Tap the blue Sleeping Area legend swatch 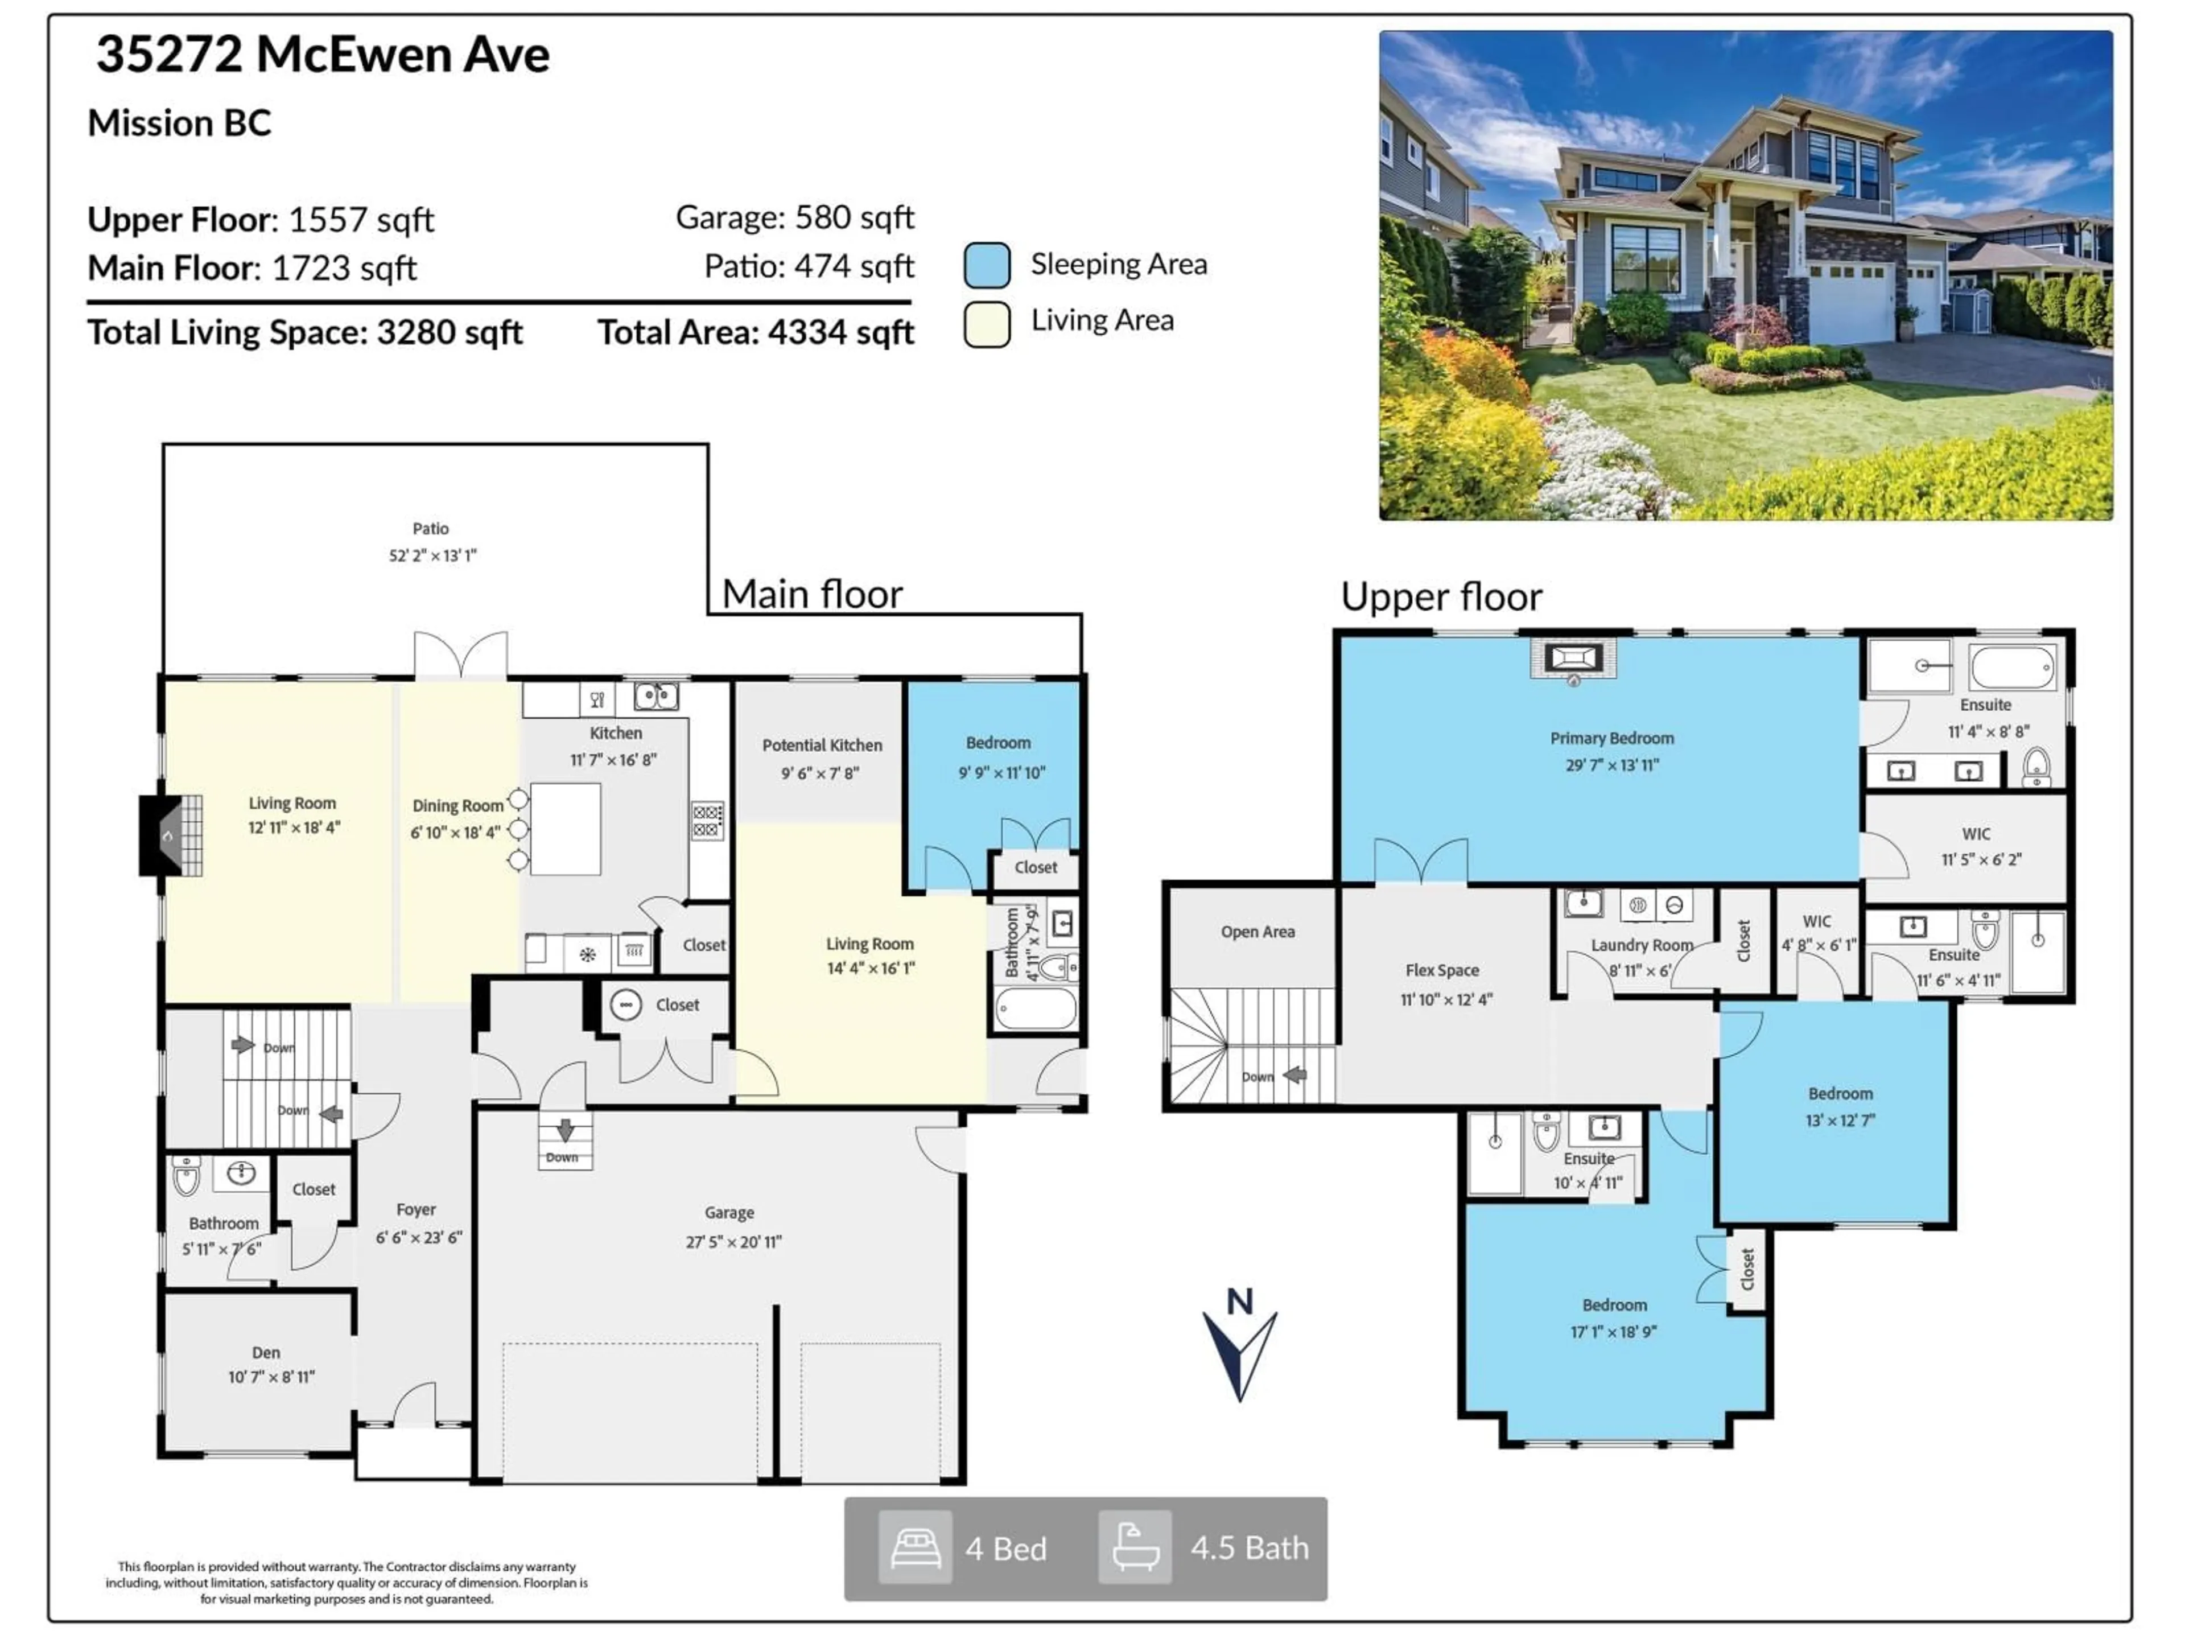click(987, 265)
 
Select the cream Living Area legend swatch click(987, 323)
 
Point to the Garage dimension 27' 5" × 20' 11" click(733, 1242)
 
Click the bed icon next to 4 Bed click(915, 1547)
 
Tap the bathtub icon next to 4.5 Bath click(1135, 1547)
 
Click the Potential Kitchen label click(822, 745)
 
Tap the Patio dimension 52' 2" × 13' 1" click(432, 555)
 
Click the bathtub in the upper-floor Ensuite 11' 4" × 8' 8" click(2012, 668)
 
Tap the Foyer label click(416, 1209)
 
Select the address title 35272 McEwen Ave click(323, 54)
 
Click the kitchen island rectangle click(565, 829)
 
